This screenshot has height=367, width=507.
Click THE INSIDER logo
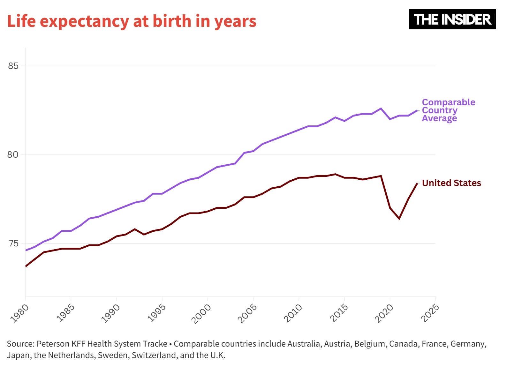pyautogui.click(x=452, y=19)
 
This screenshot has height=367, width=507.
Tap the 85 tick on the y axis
pyautogui.click(x=13, y=66)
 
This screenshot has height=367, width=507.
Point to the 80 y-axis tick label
pyautogui.click(x=13, y=155)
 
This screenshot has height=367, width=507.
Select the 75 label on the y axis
pyautogui.click(x=13, y=243)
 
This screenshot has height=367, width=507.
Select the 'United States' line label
pyautogui.click(x=451, y=183)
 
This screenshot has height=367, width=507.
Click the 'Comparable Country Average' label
pyautogui.click(x=448, y=110)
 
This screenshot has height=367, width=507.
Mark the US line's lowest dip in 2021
pyautogui.click(x=399, y=219)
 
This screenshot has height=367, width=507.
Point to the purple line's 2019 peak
pyautogui.click(x=381, y=109)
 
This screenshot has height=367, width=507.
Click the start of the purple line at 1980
pyautogui.click(x=26, y=250)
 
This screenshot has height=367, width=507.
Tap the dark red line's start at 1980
pyautogui.click(x=26, y=266)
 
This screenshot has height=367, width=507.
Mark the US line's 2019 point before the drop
pyautogui.click(x=381, y=176)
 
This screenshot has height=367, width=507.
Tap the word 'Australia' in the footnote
pyautogui.click(x=305, y=344)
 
